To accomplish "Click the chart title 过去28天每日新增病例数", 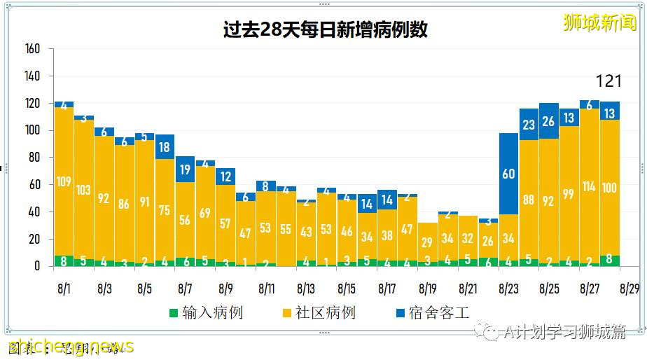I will click(x=325, y=30).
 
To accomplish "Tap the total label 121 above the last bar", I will click(x=608, y=81).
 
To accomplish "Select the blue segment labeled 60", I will click(x=508, y=173).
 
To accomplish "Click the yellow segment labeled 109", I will click(x=64, y=182).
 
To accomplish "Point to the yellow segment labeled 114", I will click(x=589, y=186).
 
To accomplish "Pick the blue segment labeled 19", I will click(x=185, y=169).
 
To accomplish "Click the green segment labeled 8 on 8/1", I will click(x=64, y=261).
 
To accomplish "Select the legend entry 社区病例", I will click(x=319, y=312).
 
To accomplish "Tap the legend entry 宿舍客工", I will click(x=431, y=312).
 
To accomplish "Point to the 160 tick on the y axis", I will click(x=32, y=49).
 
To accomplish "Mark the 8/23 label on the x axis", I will click(x=508, y=288).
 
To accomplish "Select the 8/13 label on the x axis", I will click(x=306, y=288).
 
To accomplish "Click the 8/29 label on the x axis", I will click(x=629, y=288).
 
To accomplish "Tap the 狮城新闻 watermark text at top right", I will click(x=599, y=23).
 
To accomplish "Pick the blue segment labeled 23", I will click(x=529, y=124).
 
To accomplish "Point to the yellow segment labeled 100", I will click(x=609, y=188).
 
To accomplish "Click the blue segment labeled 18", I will click(x=165, y=146).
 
